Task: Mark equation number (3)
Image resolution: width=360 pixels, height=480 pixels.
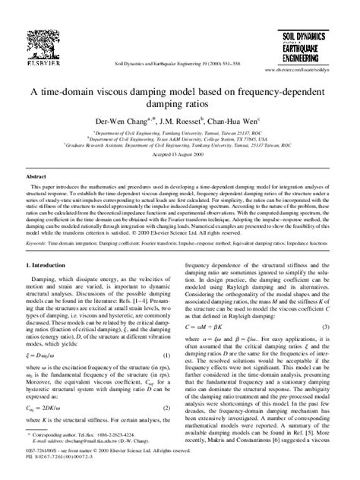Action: pyautogui.click(x=325, y=305)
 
